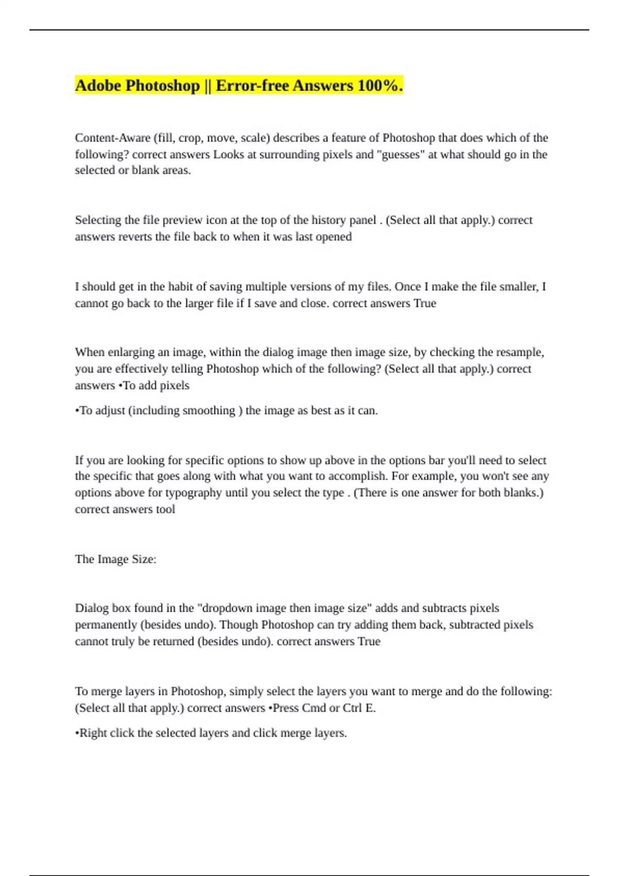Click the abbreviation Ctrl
coord(352,708)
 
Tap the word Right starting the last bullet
coord(93,733)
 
